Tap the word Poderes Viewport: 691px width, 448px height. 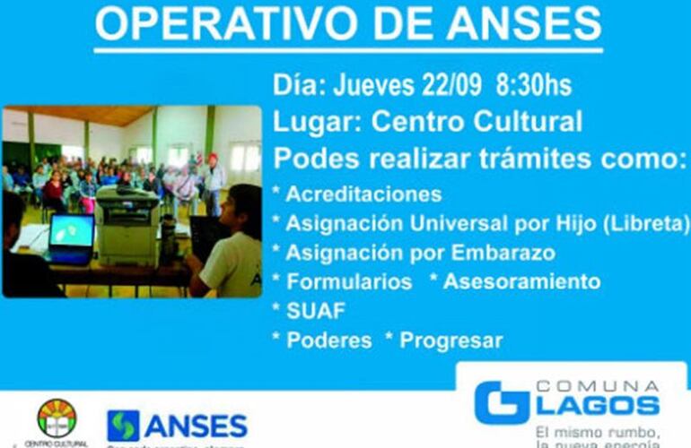pyautogui.click(x=328, y=340)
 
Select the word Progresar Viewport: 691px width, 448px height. pyautogui.click(x=451, y=340)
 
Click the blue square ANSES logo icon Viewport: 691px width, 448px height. pyautogui.click(x=123, y=425)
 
